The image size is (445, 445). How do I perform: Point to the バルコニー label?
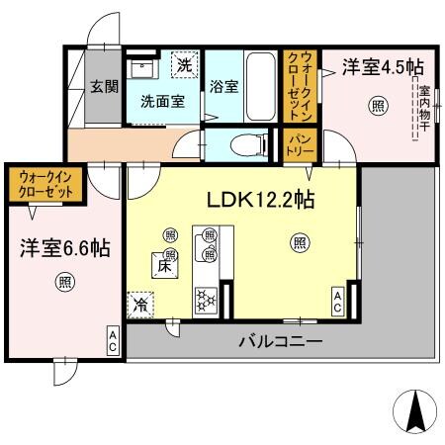[280, 343]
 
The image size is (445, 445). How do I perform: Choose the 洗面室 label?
[162, 101]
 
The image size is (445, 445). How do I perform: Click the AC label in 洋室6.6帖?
[113, 341]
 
